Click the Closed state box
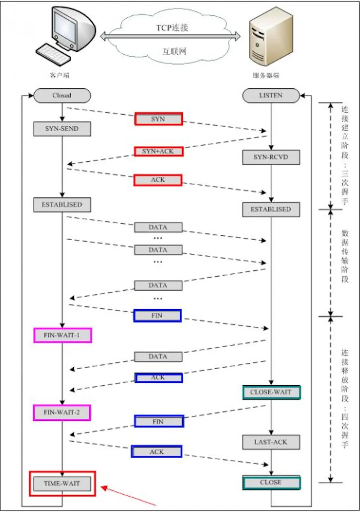62,95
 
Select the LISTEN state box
271,95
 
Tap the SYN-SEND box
62,129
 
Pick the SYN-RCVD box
271,157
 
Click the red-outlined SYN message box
158,119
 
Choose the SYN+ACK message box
158,151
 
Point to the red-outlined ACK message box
158,180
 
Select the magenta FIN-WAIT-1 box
62,335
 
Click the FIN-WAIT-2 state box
62,412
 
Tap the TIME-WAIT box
62,483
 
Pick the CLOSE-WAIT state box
271,392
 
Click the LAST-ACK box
271,442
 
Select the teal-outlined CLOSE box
271,482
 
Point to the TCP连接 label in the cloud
172,28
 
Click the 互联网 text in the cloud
174,51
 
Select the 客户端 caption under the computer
59,75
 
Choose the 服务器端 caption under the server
266,76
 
